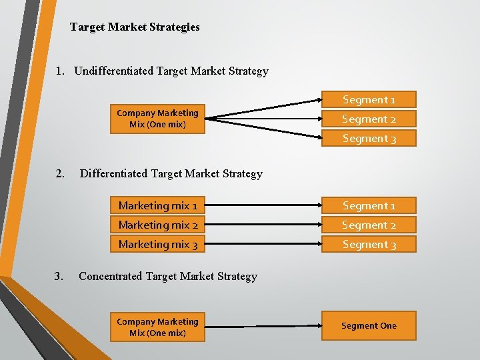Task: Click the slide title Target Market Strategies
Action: coord(135,27)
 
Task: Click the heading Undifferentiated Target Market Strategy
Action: coord(171,71)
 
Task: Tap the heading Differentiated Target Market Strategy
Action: coord(171,173)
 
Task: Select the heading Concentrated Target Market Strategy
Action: coord(167,276)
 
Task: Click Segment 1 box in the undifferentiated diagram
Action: coord(369,99)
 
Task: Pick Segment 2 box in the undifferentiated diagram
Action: coord(369,119)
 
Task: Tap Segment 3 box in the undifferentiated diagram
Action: coord(369,138)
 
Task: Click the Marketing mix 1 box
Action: coord(158,205)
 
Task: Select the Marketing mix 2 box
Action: coord(158,225)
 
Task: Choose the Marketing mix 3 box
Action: coord(158,244)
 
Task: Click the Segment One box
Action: coord(369,326)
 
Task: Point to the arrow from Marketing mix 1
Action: coord(260,205)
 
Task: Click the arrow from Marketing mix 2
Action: coord(260,225)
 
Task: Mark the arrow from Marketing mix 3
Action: coord(260,244)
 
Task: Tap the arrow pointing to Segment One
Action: coord(260,326)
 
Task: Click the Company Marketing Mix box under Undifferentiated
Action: coord(157,119)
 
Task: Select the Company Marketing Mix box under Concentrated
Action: coord(157,327)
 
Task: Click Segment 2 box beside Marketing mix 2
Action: coord(369,225)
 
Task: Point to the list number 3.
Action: coord(59,276)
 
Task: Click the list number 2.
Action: coord(60,173)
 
